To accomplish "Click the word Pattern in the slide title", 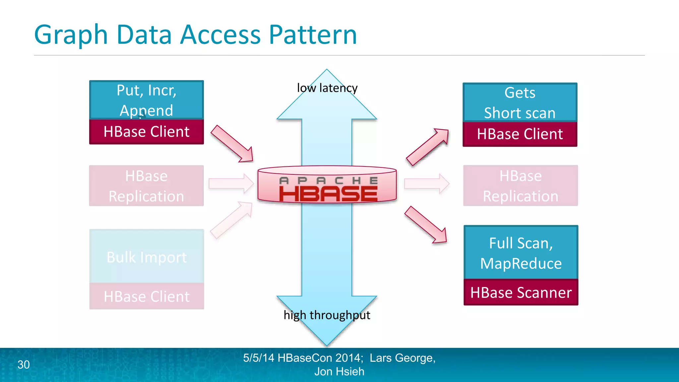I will [312, 34].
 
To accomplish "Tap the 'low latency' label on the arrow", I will [327, 88].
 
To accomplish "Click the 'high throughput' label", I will [327, 315].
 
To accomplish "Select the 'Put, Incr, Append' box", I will [146, 99].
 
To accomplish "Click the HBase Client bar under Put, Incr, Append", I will [146, 132].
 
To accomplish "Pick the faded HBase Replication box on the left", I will [146, 186].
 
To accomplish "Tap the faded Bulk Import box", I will [147, 256].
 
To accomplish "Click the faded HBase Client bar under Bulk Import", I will [147, 296].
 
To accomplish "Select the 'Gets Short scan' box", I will [520, 102].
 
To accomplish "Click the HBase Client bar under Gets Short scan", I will [520, 134].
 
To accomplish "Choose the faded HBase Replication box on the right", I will [520, 186].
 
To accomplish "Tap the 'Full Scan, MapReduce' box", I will [521, 253].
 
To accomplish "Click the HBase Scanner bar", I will [521, 292].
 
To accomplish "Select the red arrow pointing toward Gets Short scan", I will [427, 147].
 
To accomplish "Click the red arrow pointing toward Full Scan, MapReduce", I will [426, 225].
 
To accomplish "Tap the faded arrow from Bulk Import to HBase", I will [231, 220].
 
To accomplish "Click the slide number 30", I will [24, 364].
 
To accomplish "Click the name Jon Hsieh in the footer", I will [339, 371].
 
